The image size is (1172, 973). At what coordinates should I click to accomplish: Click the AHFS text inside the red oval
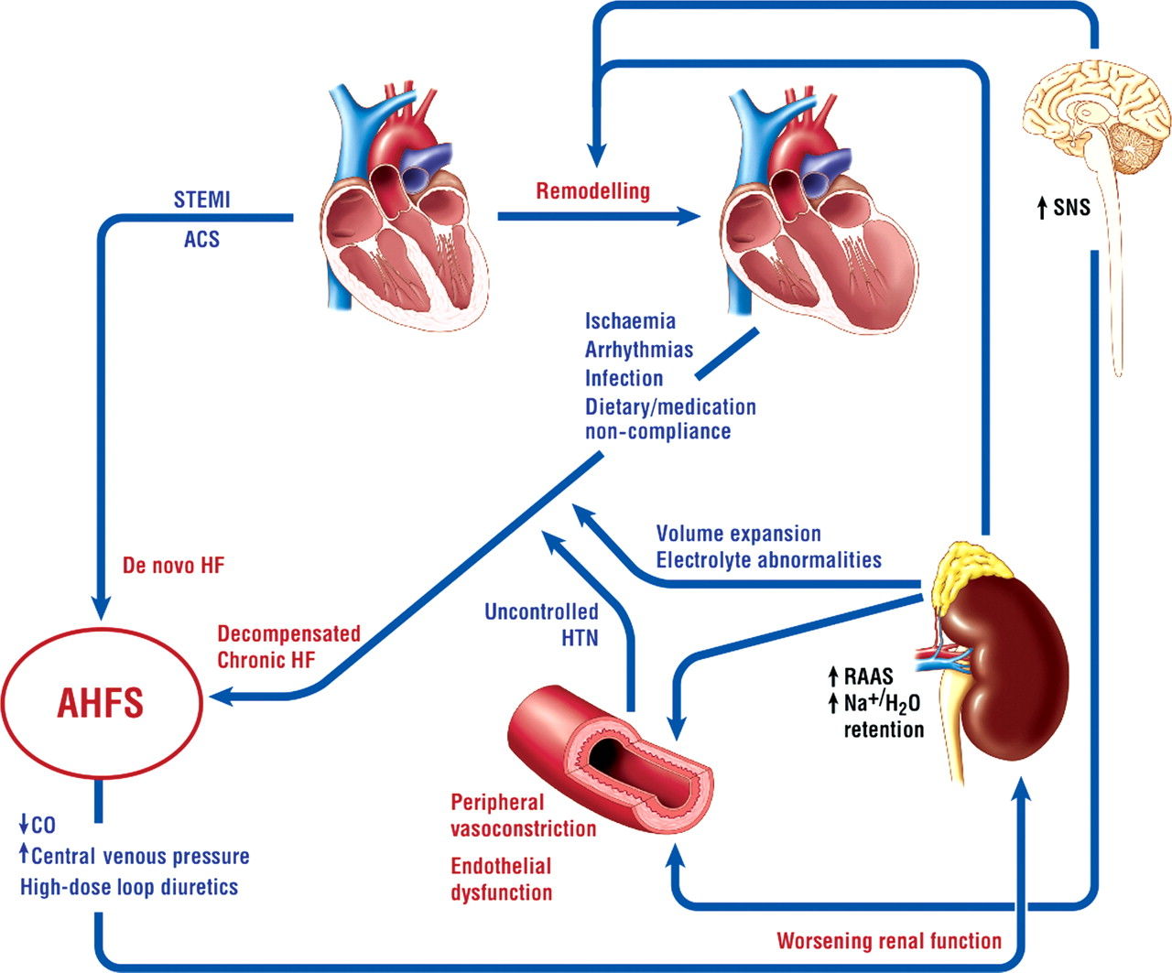(x=101, y=703)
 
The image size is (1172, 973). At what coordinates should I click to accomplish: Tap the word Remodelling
(x=593, y=190)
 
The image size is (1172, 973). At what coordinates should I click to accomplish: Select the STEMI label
(x=202, y=200)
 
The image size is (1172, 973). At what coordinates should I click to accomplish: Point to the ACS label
(x=202, y=240)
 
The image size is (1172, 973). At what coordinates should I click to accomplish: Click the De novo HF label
(x=173, y=566)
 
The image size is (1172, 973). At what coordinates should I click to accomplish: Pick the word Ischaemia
(x=630, y=321)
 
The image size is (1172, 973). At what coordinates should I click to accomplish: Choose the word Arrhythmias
(x=639, y=350)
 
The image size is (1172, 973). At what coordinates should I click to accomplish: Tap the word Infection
(x=624, y=378)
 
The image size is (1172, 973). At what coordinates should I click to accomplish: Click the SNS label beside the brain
(x=1063, y=208)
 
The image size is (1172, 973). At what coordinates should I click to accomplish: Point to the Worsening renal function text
(x=889, y=941)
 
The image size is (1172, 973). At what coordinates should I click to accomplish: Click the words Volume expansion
(x=739, y=534)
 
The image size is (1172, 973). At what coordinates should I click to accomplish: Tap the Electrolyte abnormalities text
(x=769, y=560)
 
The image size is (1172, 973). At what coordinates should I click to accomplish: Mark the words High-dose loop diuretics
(x=129, y=887)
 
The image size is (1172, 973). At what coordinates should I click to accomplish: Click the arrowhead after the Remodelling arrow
(x=689, y=216)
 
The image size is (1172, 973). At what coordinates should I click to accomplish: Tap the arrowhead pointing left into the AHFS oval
(x=221, y=697)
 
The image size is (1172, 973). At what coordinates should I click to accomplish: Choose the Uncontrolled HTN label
(x=541, y=624)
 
